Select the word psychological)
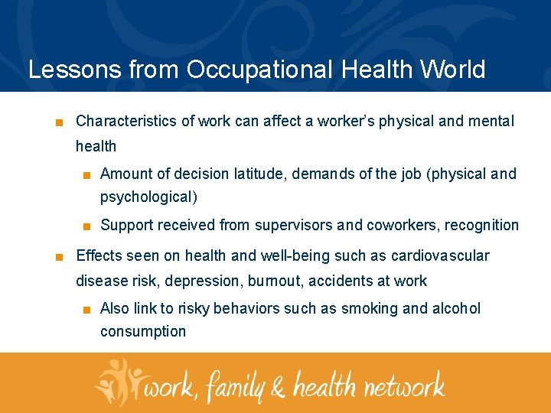point(148,197)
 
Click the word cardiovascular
point(440,255)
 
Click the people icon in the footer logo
point(119,381)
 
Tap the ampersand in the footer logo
point(278,386)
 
